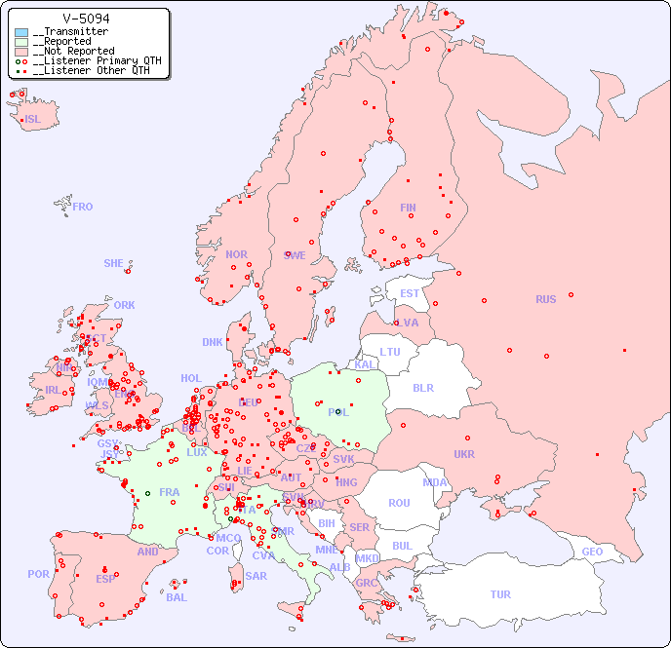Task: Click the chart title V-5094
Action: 86,19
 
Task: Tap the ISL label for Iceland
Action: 33,120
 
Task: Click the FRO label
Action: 83,207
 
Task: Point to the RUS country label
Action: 545,299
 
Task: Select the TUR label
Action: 500,594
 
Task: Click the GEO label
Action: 592,552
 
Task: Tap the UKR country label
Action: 464,454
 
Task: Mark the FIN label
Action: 408,208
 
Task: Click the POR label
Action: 38,574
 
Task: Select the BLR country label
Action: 422,387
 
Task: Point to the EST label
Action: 410,293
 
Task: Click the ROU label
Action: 399,503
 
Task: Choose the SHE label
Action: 114,263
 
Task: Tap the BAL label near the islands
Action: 177,597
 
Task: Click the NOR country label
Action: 236,254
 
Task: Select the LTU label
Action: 390,352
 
